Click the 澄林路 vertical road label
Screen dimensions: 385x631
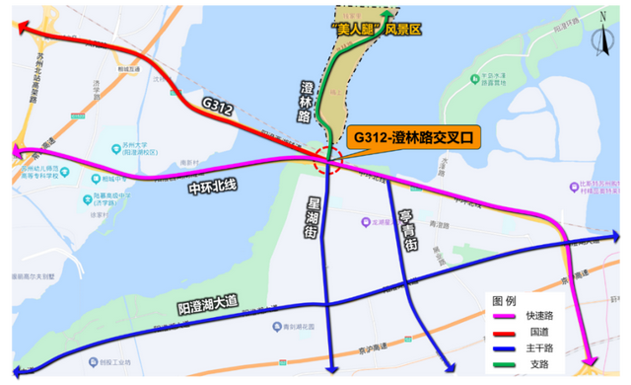click(x=308, y=102)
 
